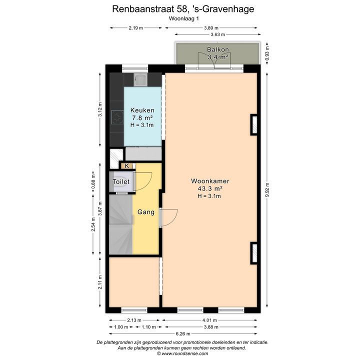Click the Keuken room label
(142, 110)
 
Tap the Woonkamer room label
(210, 181)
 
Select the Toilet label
(121, 182)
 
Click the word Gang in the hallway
(146, 212)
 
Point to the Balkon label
(218, 49)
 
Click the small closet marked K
(126, 166)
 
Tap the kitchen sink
(140, 79)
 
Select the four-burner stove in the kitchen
(117, 117)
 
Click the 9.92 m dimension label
(267, 190)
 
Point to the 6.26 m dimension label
(183, 333)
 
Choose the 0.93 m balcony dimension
(267, 53)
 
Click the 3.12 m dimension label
(100, 109)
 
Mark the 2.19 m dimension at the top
(135, 28)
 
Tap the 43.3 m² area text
(210, 188)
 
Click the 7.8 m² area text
(142, 118)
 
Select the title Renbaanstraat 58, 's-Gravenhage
(183, 9)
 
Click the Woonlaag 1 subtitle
(183, 18)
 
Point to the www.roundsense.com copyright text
(182, 353)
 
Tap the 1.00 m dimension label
(121, 327)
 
